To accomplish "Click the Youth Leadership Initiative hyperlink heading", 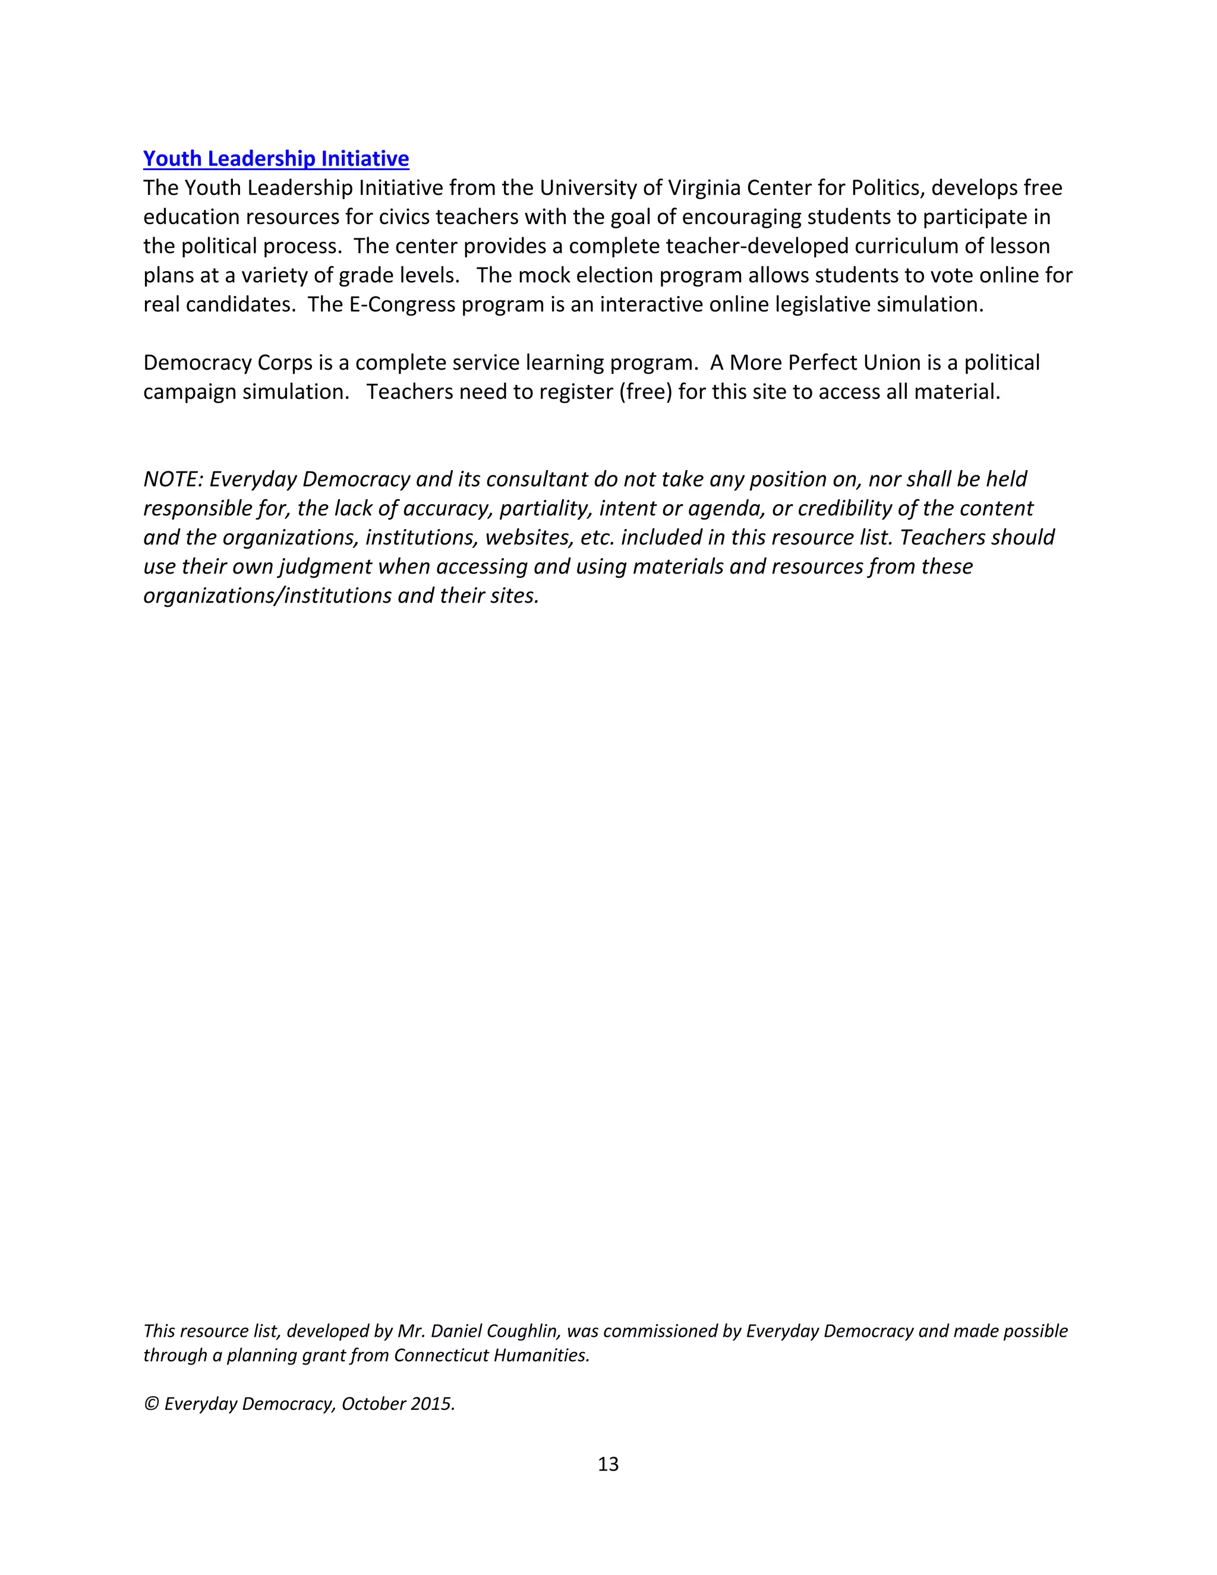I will click(x=276, y=159).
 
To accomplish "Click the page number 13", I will click(x=608, y=1464).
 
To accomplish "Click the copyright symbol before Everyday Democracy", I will click(x=151, y=1404).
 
